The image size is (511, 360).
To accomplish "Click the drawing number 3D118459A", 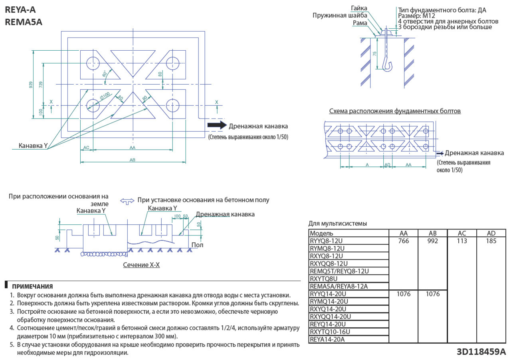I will pos(481,352).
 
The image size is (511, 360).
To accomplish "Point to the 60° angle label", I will pos(105,74).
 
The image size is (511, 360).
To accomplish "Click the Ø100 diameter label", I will pos(105,96).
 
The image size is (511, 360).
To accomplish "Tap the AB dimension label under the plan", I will pos(133,160).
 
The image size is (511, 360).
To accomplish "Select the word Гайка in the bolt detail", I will pos(359,8).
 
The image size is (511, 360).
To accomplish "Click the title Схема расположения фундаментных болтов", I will pos(395,111).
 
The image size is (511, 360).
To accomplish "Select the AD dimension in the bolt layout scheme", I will pos(387,165).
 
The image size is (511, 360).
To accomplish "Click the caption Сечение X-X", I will pos(141,265).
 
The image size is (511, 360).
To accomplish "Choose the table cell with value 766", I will pos(404,241).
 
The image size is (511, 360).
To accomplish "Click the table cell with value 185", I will pos(491,241).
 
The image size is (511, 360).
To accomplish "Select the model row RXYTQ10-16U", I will pos(330,332).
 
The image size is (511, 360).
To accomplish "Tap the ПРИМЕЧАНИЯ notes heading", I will pos(32,287).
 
